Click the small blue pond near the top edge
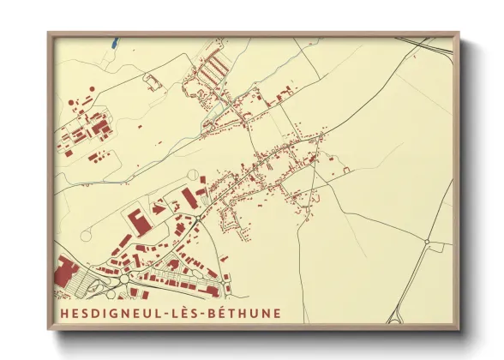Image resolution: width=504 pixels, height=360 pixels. (114, 39)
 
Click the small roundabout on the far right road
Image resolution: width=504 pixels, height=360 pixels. (427, 243)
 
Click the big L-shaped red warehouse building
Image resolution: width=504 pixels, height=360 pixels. (137, 220)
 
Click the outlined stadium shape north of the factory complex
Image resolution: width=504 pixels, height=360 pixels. (154, 82)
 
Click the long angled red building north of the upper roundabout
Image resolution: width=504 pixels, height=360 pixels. (189, 198)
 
